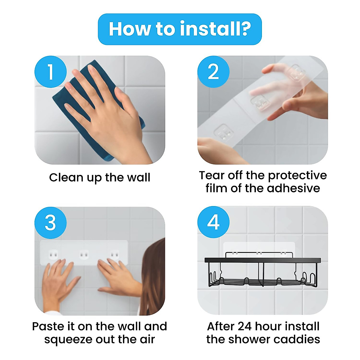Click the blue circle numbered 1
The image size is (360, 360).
(x=50, y=72)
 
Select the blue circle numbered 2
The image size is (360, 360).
(x=214, y=72)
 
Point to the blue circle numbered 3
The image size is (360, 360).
(x=50, y=223)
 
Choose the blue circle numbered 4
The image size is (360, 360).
(x=214, y=222)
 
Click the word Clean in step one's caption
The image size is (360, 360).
(x=66, y=177)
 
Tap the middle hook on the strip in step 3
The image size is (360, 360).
(x=84, y=255)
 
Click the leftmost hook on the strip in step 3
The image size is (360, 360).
(x=53, y=255)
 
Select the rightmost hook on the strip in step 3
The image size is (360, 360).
(x=114, y=255)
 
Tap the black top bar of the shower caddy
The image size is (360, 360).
(x=263, y=260)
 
